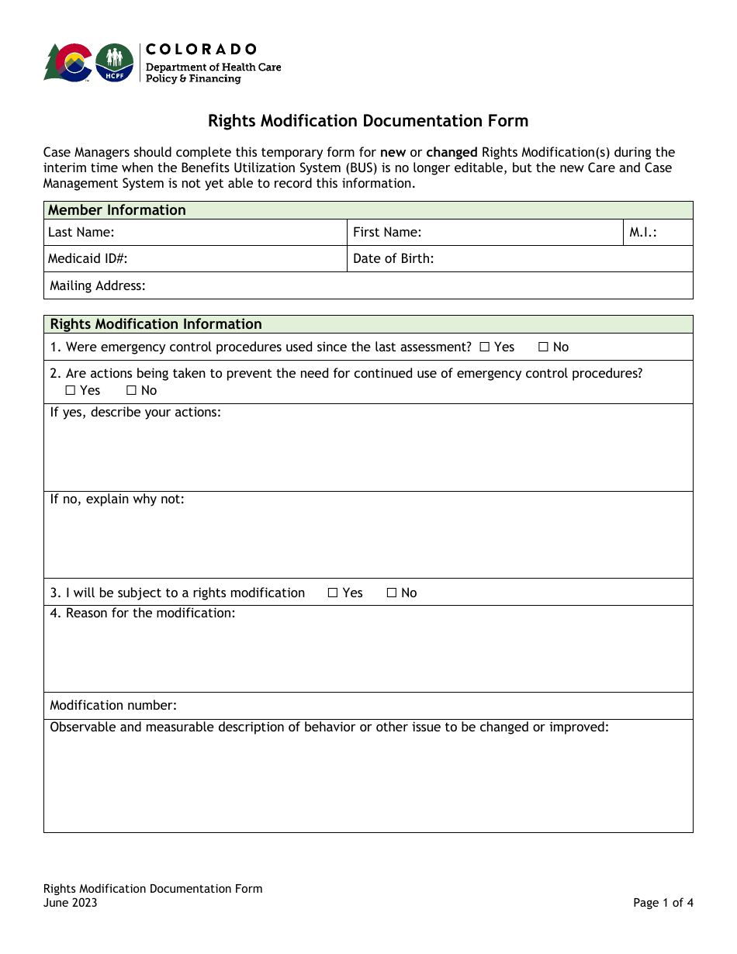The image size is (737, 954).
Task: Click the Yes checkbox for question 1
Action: (x=484, y=347)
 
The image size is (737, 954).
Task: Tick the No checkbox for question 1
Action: (x=543, y=347)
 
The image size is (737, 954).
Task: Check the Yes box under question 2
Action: (x=71, y=391)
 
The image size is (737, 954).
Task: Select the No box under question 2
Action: (x=131, y=391)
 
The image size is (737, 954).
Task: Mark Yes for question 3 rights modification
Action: (x=333, y=593)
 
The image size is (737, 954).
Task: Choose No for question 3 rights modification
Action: (x=392, y=593)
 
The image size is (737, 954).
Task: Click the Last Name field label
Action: (x=81, y=232)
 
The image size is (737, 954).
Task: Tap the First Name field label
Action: (x=387, y=232)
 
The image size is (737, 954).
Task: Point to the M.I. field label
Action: (x=643, y=232)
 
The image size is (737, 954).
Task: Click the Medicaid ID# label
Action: (x=88, y=259)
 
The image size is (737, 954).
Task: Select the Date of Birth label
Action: (x=393, y=259)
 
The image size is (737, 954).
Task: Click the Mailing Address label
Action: (x=98, y=286)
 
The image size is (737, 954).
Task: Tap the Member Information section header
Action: (x=117, y=210)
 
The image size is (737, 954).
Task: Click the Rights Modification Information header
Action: (x=156, y=324)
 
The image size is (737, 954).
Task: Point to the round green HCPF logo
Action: (x=114, y=63)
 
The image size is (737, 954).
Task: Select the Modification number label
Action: (x=113, y=706)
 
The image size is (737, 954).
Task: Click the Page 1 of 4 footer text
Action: (x=663, y=903)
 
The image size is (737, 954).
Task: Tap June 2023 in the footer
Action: (x=71, y=903)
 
